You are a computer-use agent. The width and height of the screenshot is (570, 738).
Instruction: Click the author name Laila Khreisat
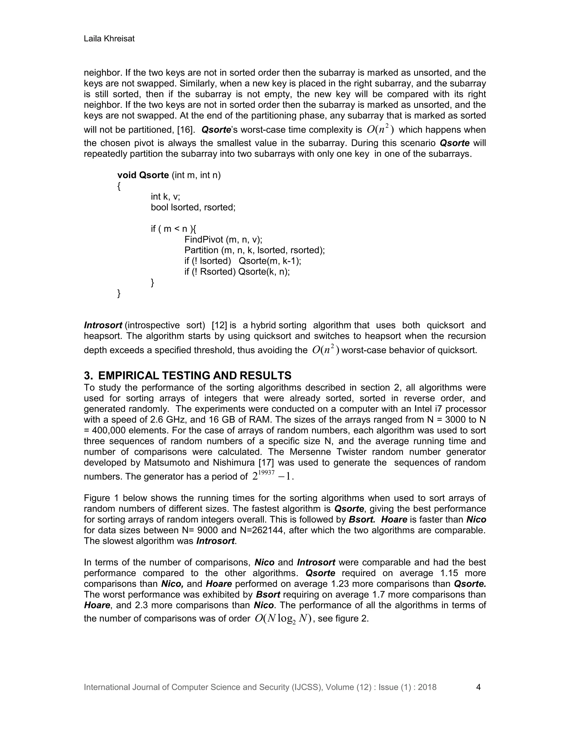tap(109, 39)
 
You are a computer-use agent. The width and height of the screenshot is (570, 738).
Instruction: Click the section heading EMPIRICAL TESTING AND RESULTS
tap(195, 375)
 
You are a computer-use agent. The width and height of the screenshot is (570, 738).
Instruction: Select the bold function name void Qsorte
tap(143, 175)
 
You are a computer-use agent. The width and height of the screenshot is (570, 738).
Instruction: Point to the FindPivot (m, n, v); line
tap(223, 240)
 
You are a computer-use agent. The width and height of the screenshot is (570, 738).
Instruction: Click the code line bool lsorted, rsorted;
tap(193, 207)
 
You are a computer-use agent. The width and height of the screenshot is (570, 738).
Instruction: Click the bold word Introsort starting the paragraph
tap(103, 325)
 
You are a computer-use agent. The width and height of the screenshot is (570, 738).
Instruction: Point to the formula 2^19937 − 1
tap(272, 476)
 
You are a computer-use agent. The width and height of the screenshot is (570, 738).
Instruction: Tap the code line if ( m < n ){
tap(173, 229)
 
